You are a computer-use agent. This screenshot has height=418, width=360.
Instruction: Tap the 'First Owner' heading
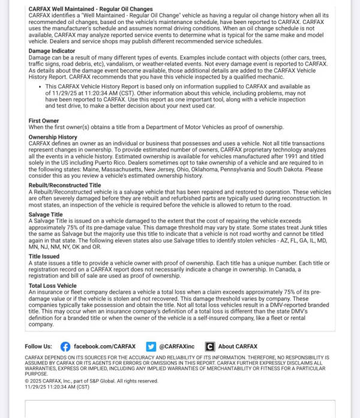pos(44,121)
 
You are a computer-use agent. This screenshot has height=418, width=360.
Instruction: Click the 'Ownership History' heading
pos(53,137)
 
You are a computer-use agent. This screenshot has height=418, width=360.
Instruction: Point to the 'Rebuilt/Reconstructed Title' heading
pos(65,185)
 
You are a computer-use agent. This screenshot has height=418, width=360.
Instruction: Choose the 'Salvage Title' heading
pos(46,214)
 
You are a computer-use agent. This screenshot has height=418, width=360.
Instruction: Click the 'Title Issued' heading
pos(44,256)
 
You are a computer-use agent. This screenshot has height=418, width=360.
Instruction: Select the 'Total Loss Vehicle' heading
pos(53,285)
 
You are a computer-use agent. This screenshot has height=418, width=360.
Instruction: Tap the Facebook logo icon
pos(65,347)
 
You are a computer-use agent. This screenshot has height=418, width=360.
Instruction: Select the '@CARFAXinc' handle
pos(178,347)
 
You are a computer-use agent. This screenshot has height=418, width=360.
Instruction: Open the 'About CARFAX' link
pos(238,347)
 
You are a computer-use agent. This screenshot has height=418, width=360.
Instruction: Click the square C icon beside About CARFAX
pos(209,347)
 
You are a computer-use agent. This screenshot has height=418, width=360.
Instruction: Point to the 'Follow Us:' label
pos(38,347)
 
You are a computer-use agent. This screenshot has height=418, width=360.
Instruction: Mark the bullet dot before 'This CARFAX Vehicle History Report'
pos(38,86)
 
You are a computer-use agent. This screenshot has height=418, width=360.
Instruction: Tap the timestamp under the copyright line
pos(57,387)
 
